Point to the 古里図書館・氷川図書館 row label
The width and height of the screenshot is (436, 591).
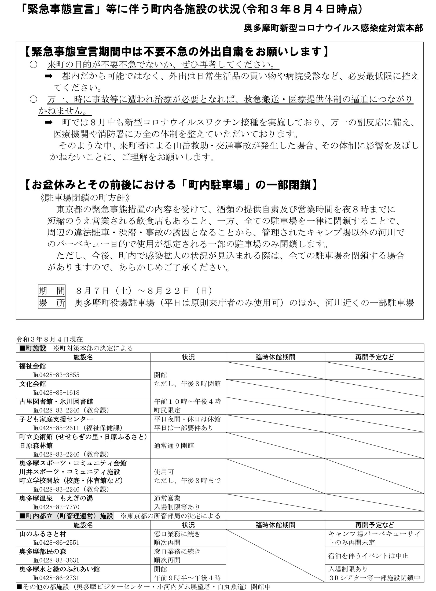click(x=56, y=401)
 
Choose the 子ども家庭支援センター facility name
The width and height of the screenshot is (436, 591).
click(x=56, y=419)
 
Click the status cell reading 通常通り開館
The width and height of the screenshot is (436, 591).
click(x=174, y=445)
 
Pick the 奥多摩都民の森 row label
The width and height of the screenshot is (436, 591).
click(x=43, y=551)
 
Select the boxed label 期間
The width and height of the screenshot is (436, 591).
click(x=52, y=290)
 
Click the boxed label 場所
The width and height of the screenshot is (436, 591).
click(x=52, y=303)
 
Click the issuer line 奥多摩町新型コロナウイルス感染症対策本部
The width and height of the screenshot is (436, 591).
click(x=333, y=28)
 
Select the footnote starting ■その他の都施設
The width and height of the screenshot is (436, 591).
click(x=144, y=587)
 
